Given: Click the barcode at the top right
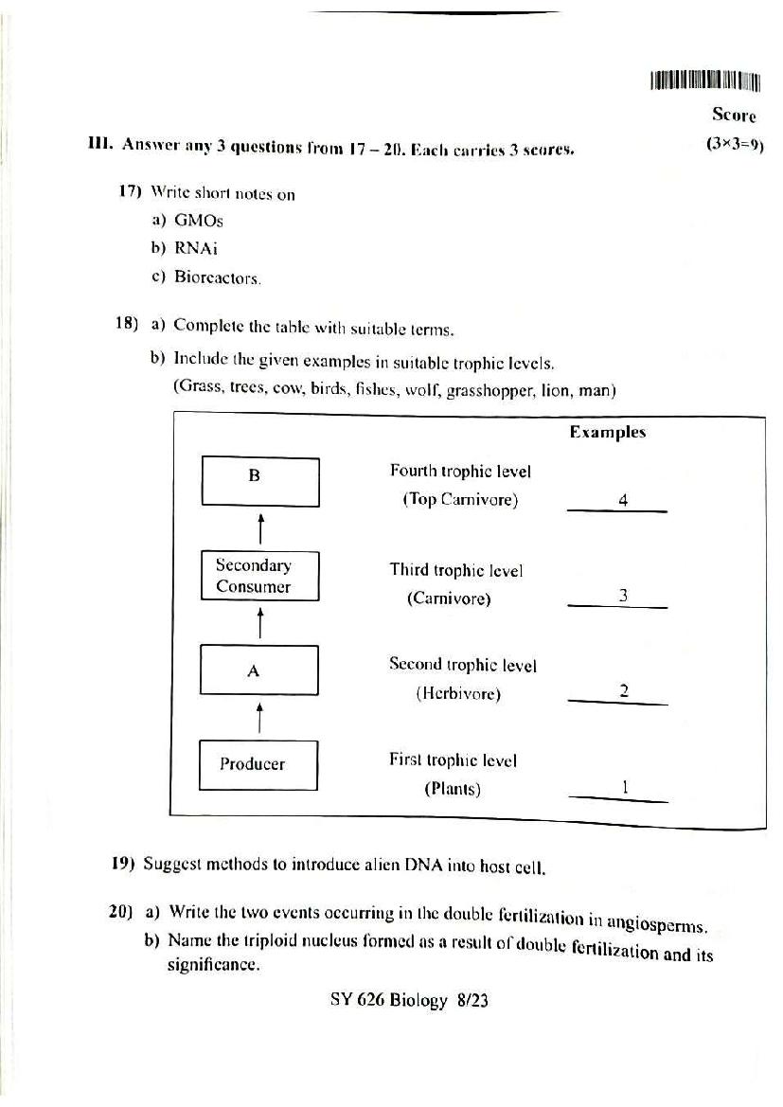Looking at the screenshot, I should point(705,81).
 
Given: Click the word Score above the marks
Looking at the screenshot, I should point(734,116).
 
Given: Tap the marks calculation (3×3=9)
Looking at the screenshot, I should point(734,145).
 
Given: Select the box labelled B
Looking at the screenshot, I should point(259,482).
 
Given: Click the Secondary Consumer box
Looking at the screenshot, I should point(259,576).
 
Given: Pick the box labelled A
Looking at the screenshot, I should point(258,670).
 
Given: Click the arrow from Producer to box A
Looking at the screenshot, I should point(259,717).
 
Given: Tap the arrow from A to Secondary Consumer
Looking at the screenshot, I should point(259,622).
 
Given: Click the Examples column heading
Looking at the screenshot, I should point(607,432).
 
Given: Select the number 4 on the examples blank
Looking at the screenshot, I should point(623,500).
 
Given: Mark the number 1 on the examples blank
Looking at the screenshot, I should point(625,786).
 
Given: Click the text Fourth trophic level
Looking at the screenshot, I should point(460,471).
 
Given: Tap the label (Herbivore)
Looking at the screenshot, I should point(458,693).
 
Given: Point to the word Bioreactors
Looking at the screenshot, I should point(218,277).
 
